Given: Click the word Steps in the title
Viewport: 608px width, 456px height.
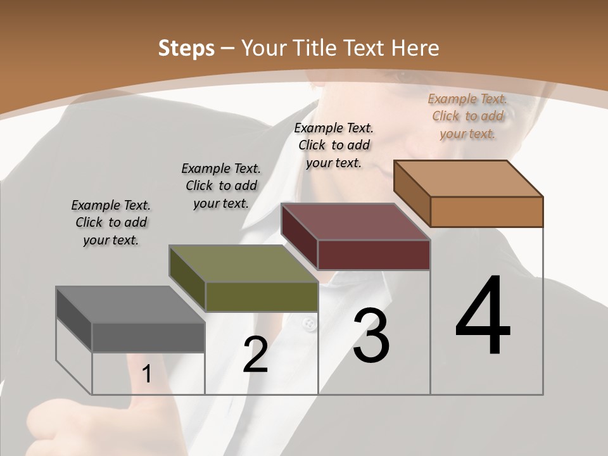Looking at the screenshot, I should (x=186, y=48).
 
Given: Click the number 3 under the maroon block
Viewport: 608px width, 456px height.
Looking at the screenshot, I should (x=370, y=336).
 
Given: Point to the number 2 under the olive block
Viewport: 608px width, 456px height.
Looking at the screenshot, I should (x=255, y=355).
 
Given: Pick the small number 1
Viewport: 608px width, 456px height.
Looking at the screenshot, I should (x=147, y=374).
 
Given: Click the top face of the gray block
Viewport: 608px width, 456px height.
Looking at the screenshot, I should (x=130, y=305).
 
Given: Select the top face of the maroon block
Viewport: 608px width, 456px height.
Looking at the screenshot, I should (x=355, y=222).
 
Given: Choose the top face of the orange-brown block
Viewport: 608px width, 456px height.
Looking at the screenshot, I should (x=468, y=179).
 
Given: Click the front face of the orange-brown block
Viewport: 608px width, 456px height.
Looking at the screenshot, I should (x=486, y=212).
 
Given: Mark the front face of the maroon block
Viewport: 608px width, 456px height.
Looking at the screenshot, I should (x=374, y=255).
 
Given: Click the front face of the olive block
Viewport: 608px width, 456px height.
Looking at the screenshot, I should (x=262, y=296).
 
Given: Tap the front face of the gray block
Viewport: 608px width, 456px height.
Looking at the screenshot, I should (x=148, y=337).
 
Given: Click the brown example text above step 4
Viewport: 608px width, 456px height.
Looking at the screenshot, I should (x=467, y=116).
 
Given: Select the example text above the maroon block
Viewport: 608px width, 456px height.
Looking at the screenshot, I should (x=334, y=145).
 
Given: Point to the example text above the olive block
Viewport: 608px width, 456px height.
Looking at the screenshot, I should (x=221, y=186).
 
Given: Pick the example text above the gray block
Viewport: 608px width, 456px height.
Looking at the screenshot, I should (x=111, y=222).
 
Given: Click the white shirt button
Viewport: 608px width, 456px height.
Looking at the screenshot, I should (x=308, y=324).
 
